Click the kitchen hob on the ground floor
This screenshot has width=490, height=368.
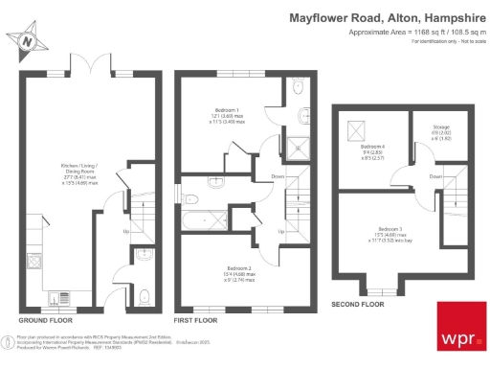coord(33,262)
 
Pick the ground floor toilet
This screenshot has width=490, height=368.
coord(142,295)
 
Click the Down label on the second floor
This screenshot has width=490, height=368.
coord(436,176)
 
